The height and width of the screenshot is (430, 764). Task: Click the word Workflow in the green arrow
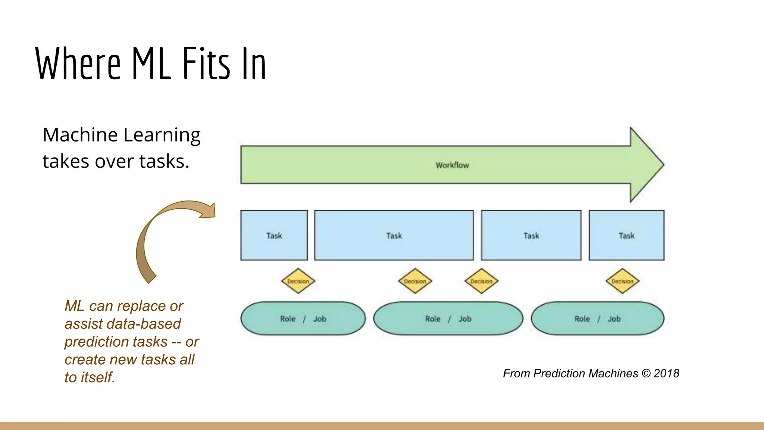click(452, 165)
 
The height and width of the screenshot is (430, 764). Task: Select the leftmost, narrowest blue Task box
click(274, 236)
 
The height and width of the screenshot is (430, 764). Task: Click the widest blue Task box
click(394, 236)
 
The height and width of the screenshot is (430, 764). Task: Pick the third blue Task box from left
click(531, 236)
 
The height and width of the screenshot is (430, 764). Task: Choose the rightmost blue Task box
click(627, 236)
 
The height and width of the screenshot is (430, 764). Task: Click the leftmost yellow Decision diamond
click(298, 281)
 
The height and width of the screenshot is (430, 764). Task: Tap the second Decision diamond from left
click(415, 281)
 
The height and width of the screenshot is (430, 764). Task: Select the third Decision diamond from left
click(481, 281)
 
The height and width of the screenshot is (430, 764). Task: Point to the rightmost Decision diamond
click(622, 281)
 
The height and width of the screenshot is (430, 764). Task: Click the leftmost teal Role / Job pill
click(303, 319)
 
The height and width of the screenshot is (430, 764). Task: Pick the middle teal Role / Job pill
click(448, 319)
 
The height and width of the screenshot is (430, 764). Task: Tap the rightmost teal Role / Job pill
click(598, 319)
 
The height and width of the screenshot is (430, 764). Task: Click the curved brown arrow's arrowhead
click(209, 211)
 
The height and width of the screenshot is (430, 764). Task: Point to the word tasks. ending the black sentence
click(165, 161)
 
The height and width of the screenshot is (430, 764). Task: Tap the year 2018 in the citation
click(666, 373)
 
